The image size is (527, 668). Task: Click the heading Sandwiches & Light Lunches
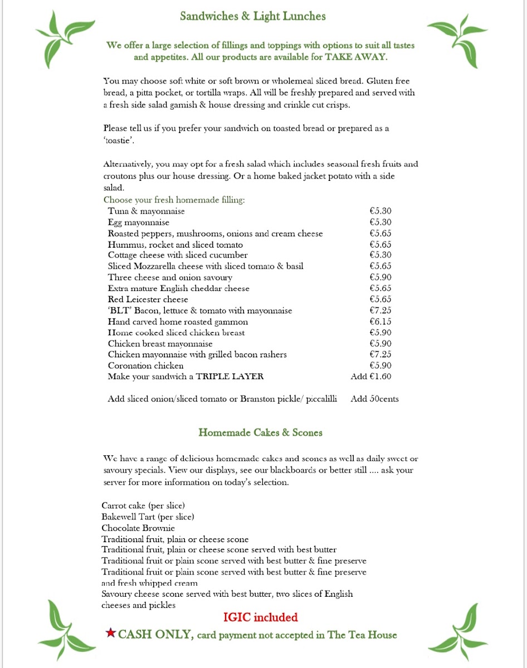[252, 16]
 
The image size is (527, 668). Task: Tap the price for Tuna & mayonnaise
[380, 212]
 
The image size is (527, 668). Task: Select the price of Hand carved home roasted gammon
[380, 322]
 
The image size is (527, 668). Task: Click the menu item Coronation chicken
[145, 366]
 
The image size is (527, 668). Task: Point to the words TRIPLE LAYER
[230, 377]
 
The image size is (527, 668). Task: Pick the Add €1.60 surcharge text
[371, 377]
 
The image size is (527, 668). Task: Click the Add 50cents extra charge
[374, 399]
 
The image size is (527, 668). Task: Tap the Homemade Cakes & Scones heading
[260, 433]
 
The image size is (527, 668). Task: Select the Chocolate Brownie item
[138, 528]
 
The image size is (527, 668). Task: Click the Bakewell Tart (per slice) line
[148, 517]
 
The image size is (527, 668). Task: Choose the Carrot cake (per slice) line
[143, 506]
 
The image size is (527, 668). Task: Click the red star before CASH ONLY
[111, 633]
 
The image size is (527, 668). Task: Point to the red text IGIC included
[260, 617]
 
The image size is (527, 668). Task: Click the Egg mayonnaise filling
[139, 223]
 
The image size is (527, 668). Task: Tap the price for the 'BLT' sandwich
[380, 311]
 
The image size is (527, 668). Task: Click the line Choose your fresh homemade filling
[174, 200]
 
